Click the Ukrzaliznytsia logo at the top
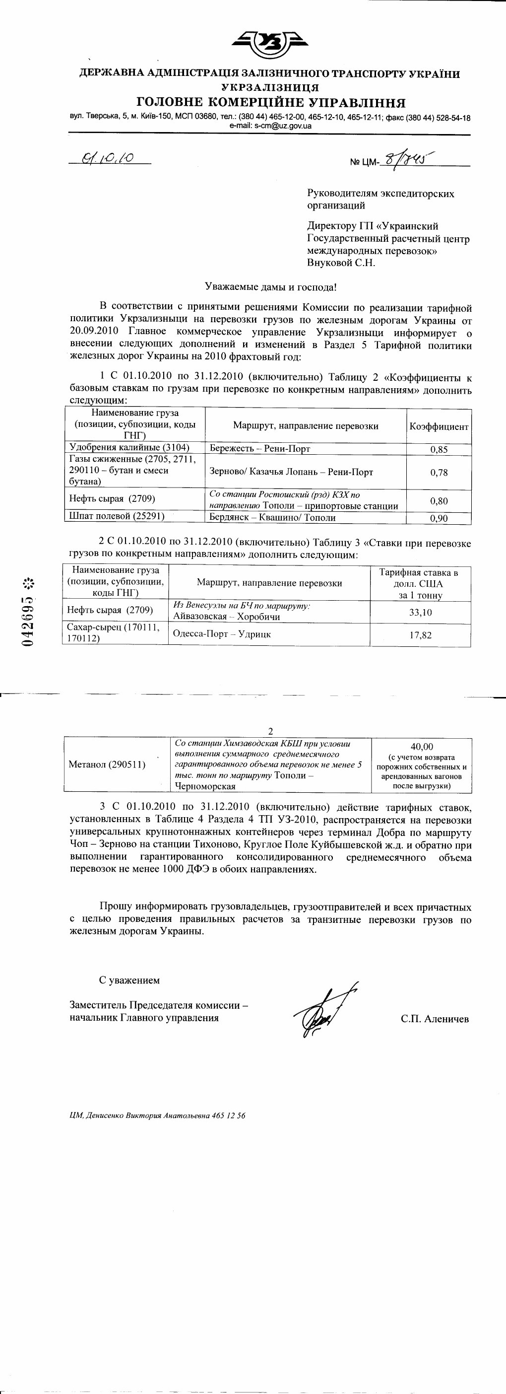coord(270,44)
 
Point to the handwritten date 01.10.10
coord(108,158)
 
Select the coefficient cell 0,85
coord(439,449)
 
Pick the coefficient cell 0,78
coord(439,473)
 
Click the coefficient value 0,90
coord(439,518)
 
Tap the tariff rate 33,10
coord(420,613)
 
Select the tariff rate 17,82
coord(420,635)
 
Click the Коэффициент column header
coord(439,426)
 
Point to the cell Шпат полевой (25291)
coord(117,516)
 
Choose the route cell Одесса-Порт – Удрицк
coord(222,634)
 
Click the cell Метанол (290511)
coord(107,765)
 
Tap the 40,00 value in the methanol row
coord(422,747)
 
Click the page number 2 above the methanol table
coord(271,731)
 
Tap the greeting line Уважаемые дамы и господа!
coord(270,287)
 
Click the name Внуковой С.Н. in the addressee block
coord(341,263)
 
